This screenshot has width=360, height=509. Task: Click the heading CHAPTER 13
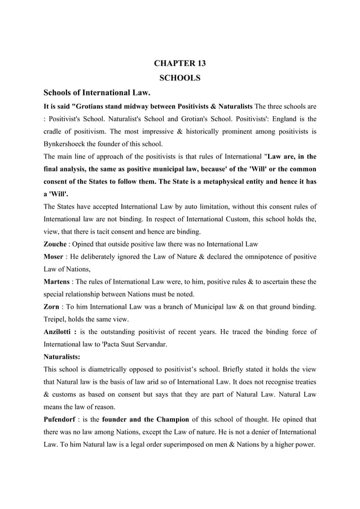pyautogui.click(x=180, y=63)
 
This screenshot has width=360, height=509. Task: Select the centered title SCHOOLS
pyautogui.click(x=180, y=78)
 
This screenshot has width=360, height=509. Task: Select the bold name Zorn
pyautogui.click(x=54, y=306)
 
